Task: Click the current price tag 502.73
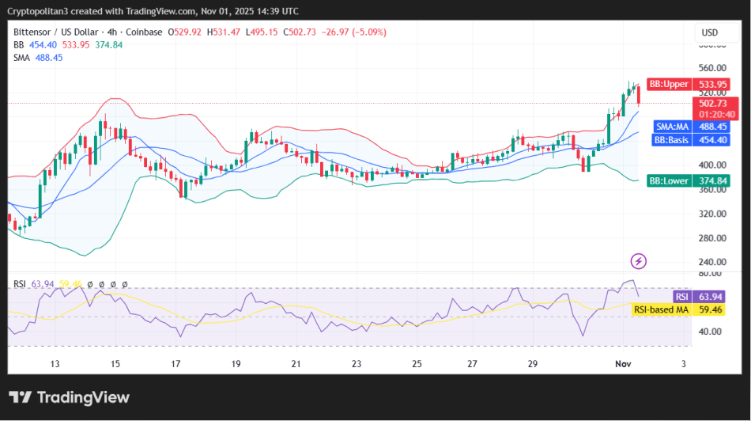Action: (712, 104)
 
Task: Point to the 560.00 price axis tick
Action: (711, 68)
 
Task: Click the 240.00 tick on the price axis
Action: (711, 262)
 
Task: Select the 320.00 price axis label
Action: (711, 214)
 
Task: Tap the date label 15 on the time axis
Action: (115, 363)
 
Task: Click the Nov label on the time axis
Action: (623, 363)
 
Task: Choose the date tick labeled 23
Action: (357, 363)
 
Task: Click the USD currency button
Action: (709, 32)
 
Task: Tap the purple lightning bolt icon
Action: (639, 261)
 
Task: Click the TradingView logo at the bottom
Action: (69, 397)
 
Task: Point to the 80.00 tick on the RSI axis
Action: (711, 274)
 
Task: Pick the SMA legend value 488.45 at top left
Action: (49, 58)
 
